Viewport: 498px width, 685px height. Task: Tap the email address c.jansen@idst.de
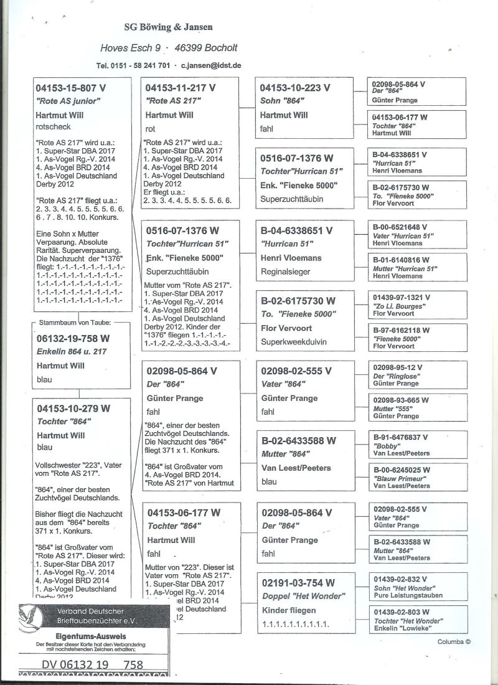211,65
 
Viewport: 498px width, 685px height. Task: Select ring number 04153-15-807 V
73,88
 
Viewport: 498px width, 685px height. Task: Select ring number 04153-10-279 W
73,409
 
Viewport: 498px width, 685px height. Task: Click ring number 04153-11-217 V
181,88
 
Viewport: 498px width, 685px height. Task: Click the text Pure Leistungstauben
407,595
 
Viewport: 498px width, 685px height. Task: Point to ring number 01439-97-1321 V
402,298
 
